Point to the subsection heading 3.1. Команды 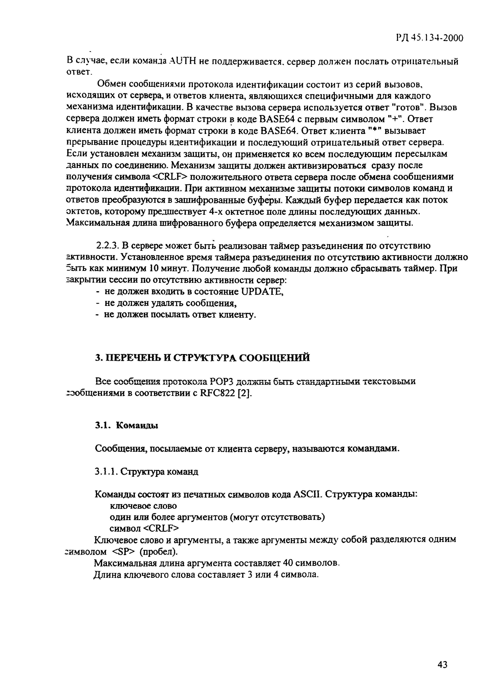pyautogui.click(x=127, y=426)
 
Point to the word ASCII pyautogui.click(x=307, y=494)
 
